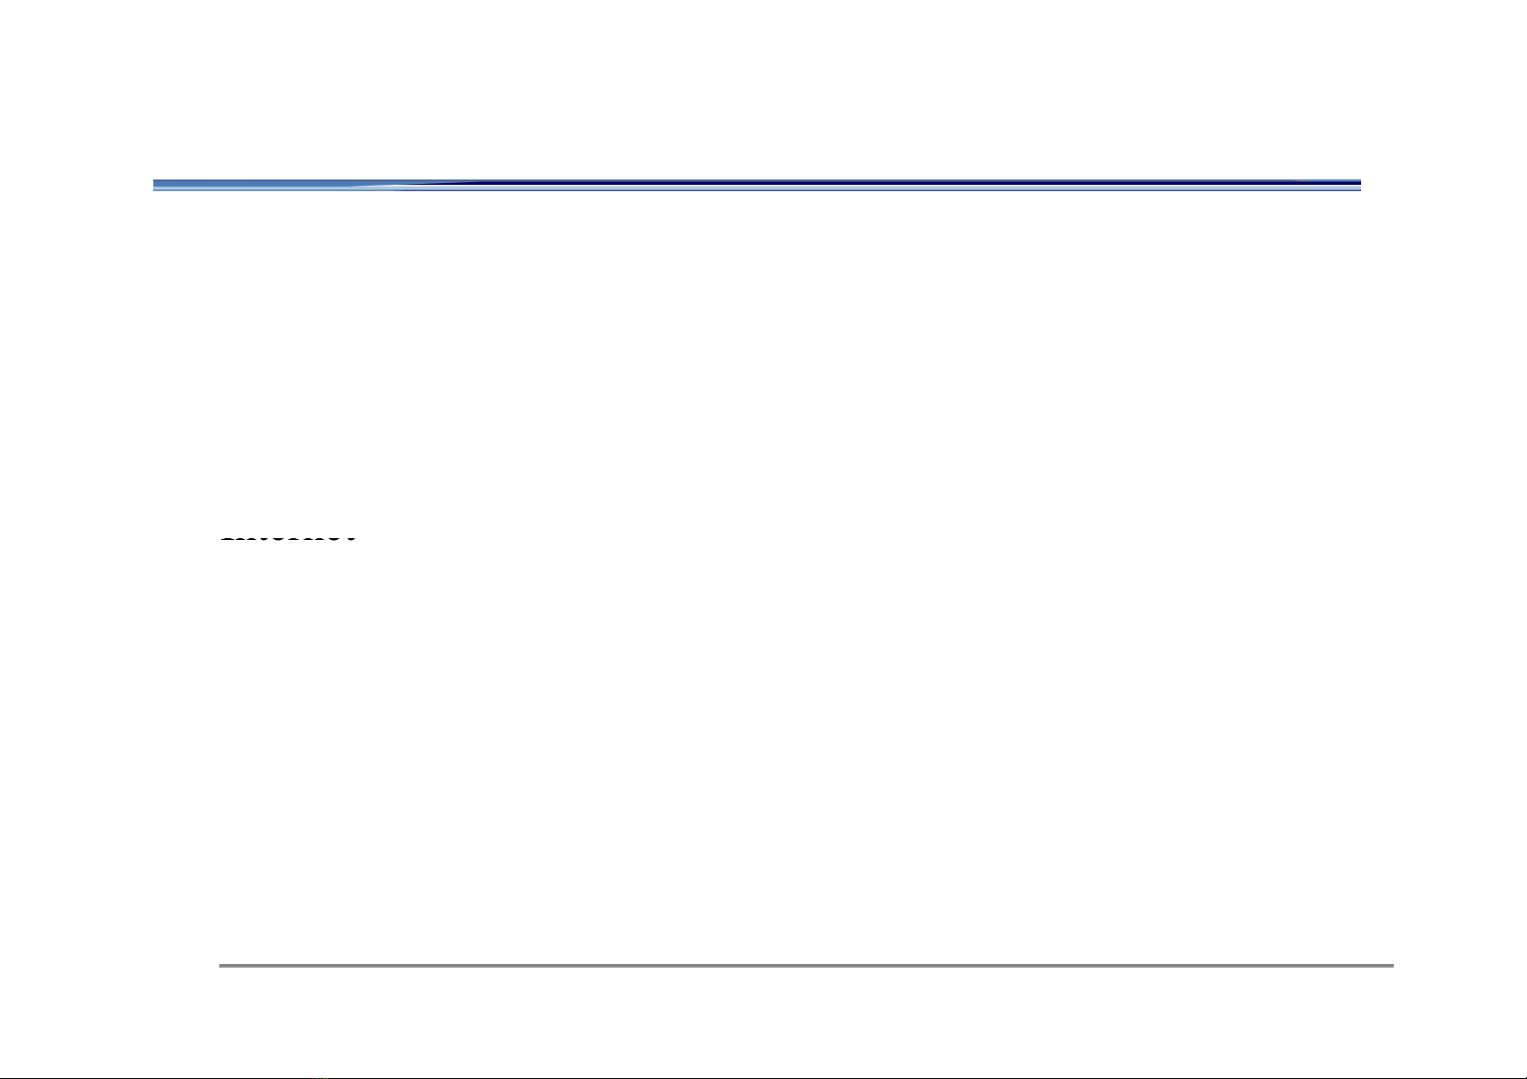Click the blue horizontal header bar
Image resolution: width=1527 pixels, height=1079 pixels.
757,186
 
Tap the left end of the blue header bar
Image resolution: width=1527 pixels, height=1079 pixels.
156,186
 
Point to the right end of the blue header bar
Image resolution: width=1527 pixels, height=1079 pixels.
1358,186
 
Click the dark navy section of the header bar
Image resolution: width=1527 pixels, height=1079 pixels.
906,186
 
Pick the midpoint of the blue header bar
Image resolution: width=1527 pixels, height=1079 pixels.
757,186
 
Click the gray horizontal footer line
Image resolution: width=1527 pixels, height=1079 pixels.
806,966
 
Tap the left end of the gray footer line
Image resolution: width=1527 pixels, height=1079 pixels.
222,966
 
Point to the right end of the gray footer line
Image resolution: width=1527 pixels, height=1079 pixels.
1390,966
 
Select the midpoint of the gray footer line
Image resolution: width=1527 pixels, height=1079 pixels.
806,966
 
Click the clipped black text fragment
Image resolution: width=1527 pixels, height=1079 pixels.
287,539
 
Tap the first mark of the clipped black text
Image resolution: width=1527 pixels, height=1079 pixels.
227,539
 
